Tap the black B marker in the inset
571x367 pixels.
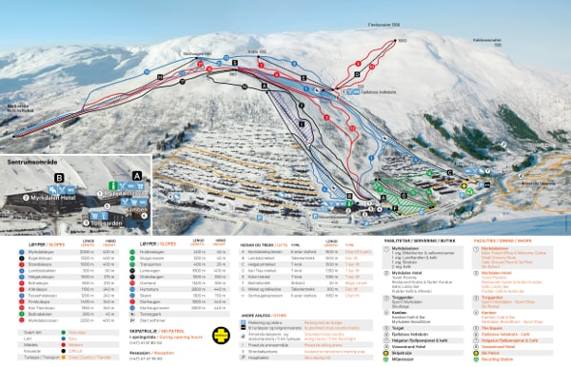(60, 177)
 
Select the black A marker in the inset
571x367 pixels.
(137, 176)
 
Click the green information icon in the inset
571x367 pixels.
(111, 186)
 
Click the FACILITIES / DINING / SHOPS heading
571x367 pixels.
(519, 241)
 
